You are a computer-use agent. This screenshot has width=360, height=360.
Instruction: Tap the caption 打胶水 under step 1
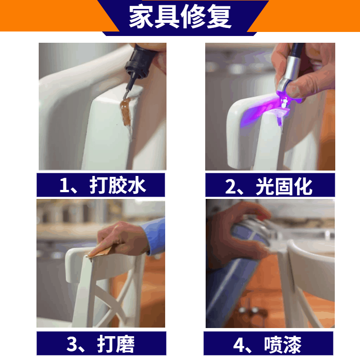click(117, 185)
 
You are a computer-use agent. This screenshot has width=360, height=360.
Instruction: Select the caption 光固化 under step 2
click(284, 186)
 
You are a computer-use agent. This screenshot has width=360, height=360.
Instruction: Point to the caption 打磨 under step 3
click(116, 344)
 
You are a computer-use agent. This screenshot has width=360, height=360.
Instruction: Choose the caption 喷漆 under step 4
click(283, 344)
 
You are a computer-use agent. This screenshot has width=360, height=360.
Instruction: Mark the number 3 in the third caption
click(72, 344)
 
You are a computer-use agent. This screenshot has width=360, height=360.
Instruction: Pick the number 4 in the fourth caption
click(238, 345)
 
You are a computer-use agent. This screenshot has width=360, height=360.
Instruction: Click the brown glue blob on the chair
click(126, 111)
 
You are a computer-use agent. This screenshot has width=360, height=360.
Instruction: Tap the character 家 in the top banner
click(141, 17)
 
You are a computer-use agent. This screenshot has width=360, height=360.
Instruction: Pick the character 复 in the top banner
click(219, 17)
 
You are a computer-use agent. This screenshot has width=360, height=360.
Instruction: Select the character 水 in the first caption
click(137, 185)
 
